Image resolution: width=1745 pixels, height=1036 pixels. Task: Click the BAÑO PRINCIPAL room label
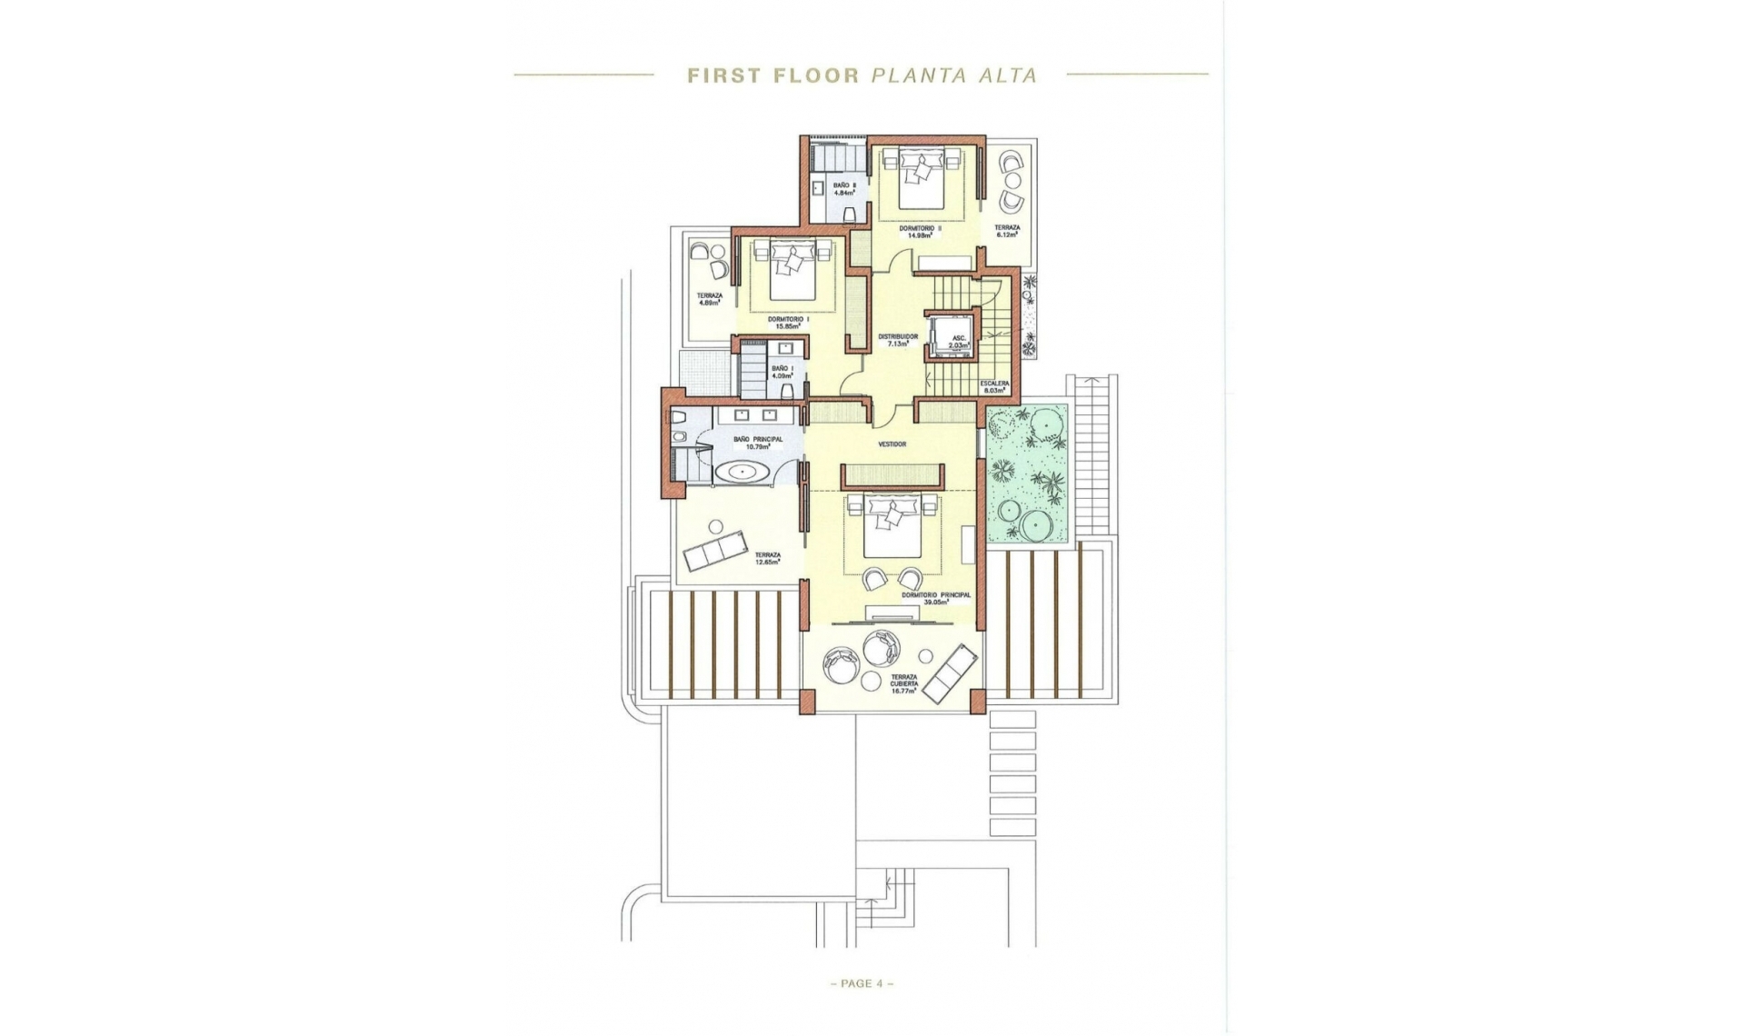[x=757, y=443]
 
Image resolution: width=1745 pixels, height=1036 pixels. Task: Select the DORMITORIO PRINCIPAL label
[x=936, y=599]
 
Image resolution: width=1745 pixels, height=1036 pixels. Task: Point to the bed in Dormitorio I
[x=792, y=271]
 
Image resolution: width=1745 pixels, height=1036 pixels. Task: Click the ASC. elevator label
[x=959, y=341]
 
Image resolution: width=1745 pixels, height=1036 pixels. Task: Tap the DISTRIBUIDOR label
[x=897, y=340]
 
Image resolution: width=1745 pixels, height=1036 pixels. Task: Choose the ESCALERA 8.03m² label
[x=994, y=387]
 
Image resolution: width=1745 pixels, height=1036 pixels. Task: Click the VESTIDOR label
[x=892, y=444]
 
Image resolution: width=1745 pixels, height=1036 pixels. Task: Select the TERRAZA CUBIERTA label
[x=903, y=683]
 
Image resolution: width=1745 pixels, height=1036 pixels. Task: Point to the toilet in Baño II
[x=850, y=214]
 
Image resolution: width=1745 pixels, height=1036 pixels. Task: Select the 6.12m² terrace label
[x=1006, y=231]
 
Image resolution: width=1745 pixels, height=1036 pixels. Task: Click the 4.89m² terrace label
[x=709, y=299]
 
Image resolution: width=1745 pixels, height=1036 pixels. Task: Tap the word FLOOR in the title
[x=816, y=75]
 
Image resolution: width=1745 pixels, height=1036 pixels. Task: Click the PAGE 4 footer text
[x=861, y=983]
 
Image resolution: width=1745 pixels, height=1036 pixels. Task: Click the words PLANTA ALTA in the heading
[x=954, y=75]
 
